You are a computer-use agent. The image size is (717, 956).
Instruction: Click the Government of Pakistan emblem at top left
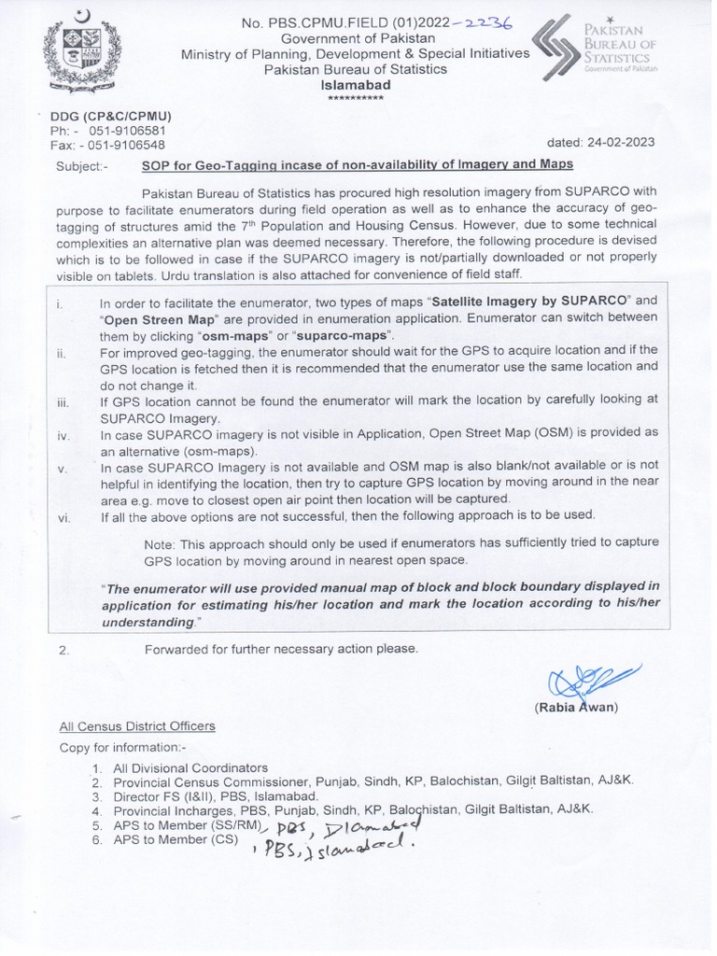79,50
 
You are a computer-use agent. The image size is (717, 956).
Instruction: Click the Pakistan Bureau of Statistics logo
594,52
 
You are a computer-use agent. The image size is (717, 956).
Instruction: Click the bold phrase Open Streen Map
156,316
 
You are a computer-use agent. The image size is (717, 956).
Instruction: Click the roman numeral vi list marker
63,517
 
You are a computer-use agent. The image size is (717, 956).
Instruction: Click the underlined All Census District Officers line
136,726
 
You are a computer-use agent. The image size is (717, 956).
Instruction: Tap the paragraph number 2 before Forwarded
63,650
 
